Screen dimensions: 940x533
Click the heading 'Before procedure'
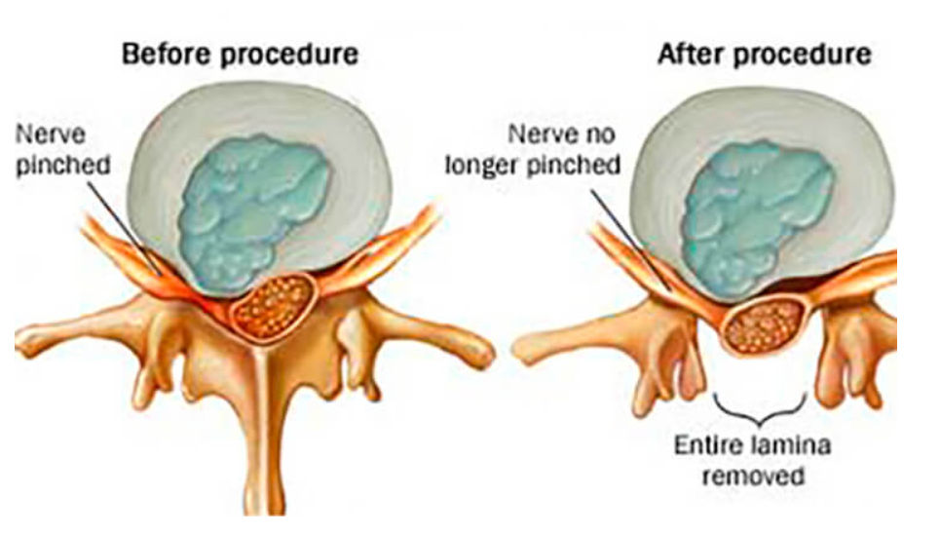tap(239, 54)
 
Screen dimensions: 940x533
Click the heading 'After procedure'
tap(764, 54)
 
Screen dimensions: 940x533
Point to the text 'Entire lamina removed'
tap(754, 462)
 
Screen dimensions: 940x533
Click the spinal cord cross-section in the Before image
tap(272, 305)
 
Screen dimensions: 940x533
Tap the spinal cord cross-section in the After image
tap(769, 323)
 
